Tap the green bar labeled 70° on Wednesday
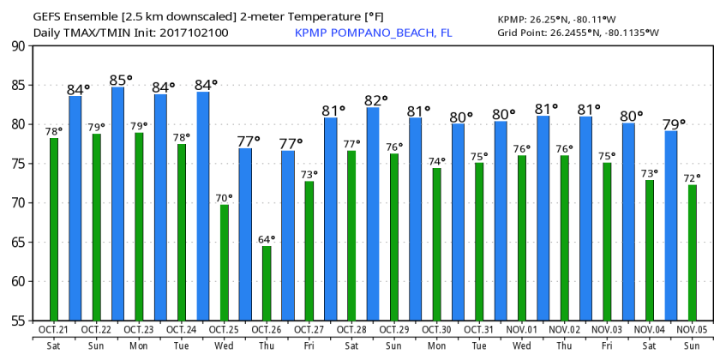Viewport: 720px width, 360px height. point(224,261)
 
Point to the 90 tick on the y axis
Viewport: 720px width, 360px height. point(17,46)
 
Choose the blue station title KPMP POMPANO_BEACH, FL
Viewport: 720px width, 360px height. point(373,33)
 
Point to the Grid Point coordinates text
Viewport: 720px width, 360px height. point(578,33)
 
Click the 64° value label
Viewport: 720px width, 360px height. point(267,238)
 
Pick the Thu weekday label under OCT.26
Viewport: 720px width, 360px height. point(266,347)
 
